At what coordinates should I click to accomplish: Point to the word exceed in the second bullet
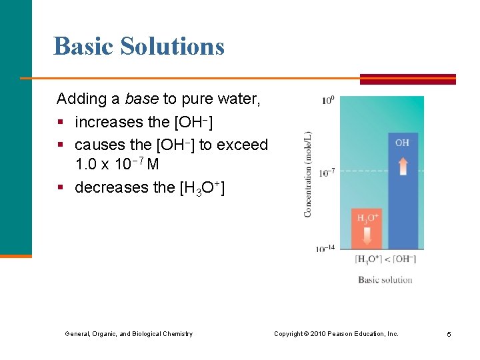(x=245, y=145)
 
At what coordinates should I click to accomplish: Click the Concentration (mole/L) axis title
(x=308, y=173)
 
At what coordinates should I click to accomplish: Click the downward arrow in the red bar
(x=367, y=235)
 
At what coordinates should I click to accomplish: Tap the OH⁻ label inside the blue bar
(x=403, y=143)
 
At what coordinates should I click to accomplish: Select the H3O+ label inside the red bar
(x=367, y=218)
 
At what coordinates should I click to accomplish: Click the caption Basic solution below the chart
(x=385, y=279)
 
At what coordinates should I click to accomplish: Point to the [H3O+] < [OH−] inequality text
(x=385, y=259)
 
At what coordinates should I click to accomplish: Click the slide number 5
(x=449, y=334)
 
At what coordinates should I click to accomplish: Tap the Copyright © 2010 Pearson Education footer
(x=336, y=333)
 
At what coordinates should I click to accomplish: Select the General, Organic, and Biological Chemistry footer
(x=129, y=333)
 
